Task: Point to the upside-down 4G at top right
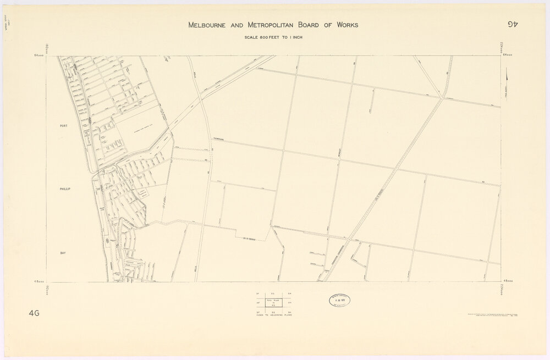point(513,24)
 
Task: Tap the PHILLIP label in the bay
point(66,189)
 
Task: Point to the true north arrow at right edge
point(507,77)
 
